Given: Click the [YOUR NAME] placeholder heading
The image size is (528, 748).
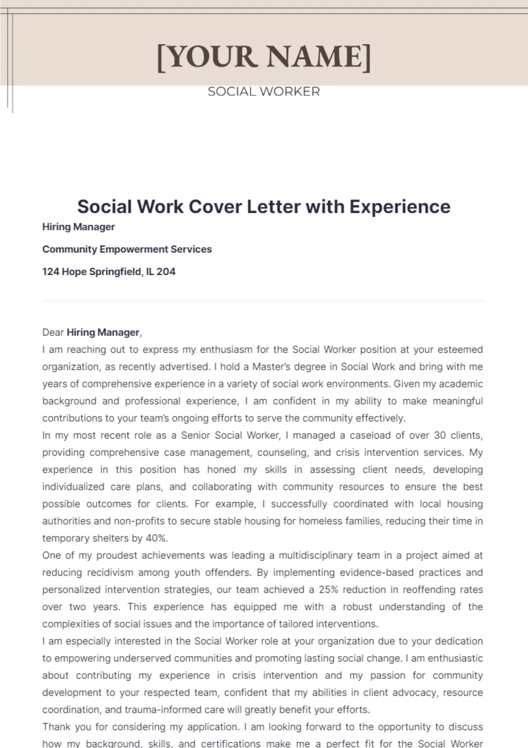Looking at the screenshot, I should [x=264, y=57].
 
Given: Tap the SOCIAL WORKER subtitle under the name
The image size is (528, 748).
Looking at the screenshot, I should [x=264, y=91].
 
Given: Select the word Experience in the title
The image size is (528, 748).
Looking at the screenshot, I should [x=400, y=206].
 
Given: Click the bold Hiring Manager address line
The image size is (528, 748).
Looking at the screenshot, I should [x=78, y=227].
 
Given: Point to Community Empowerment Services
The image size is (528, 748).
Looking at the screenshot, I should [x=127, y=249].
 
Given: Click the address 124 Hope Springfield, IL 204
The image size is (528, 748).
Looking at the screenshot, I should [x=109, y=272].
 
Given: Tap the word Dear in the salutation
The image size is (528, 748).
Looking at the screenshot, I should [x=53, y=332].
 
